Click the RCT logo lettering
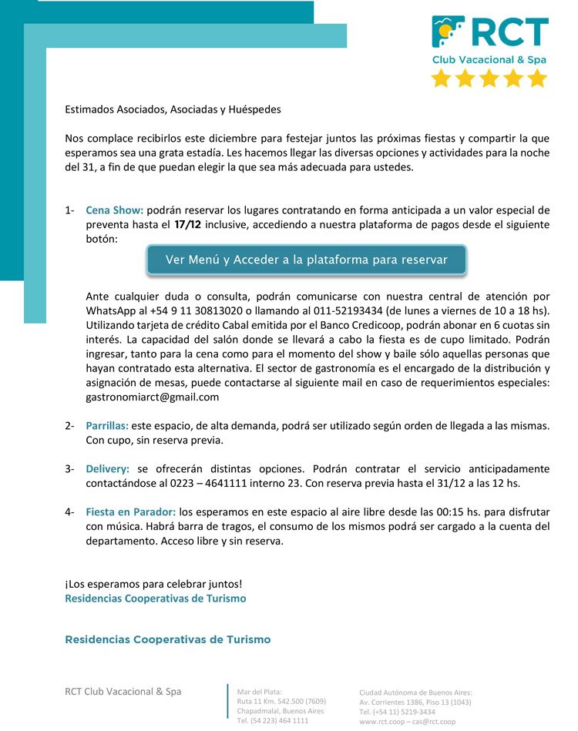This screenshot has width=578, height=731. click(509, 32)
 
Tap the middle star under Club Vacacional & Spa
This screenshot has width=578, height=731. click(489, 78)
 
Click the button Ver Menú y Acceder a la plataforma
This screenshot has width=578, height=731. click(307, 260)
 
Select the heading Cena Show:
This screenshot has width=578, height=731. click(114, 210)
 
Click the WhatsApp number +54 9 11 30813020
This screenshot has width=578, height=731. click(196, 310)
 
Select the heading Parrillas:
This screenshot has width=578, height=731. click(107, 425)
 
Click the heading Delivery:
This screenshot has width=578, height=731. click(109, 468)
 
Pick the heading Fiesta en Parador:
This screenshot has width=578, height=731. click(131, 511)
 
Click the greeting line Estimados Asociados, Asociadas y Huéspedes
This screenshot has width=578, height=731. click(173, 109)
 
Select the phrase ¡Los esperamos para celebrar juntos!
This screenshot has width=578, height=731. click(153, 584)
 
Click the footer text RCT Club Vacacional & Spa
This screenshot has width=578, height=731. click(123, 691)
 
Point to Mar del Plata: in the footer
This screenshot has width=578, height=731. click(260, 692)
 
